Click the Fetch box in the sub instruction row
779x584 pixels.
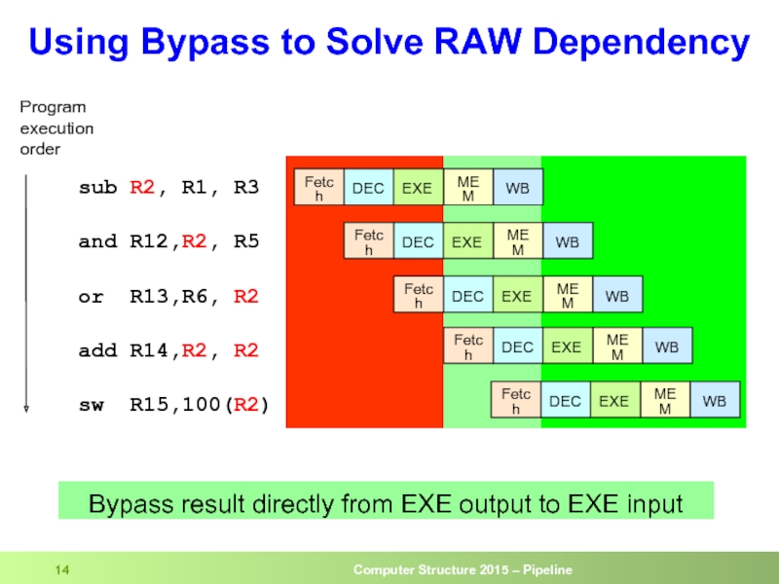319,187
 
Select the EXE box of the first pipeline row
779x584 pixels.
417,188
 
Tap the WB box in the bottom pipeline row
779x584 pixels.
715,400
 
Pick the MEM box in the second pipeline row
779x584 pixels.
517,241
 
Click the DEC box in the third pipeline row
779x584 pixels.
467,295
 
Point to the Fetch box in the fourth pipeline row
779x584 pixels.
468,347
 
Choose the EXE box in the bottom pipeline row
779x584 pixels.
613,400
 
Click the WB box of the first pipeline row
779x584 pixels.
518,188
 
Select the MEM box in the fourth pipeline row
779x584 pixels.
617,347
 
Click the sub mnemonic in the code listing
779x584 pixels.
97,187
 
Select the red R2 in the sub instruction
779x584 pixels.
142,187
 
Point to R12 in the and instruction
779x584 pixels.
148,241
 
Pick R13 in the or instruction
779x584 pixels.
148,296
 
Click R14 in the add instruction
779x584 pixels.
148,350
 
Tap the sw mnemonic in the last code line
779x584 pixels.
91,403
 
